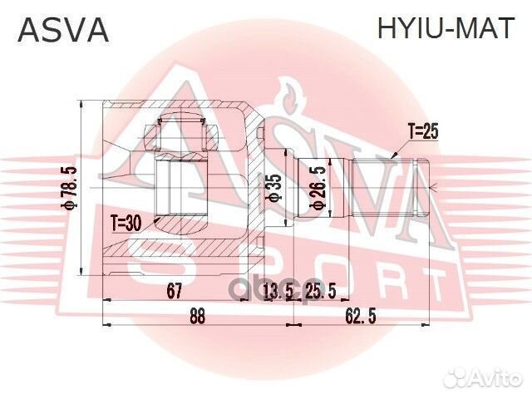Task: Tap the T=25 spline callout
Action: coord(421,131)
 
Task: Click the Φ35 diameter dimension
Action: coord(275,190)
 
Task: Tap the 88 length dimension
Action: coord(197,317)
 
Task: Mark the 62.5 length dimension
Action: coord(359,317)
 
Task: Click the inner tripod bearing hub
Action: coord(184,190)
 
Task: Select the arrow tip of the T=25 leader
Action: coord(392,155)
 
